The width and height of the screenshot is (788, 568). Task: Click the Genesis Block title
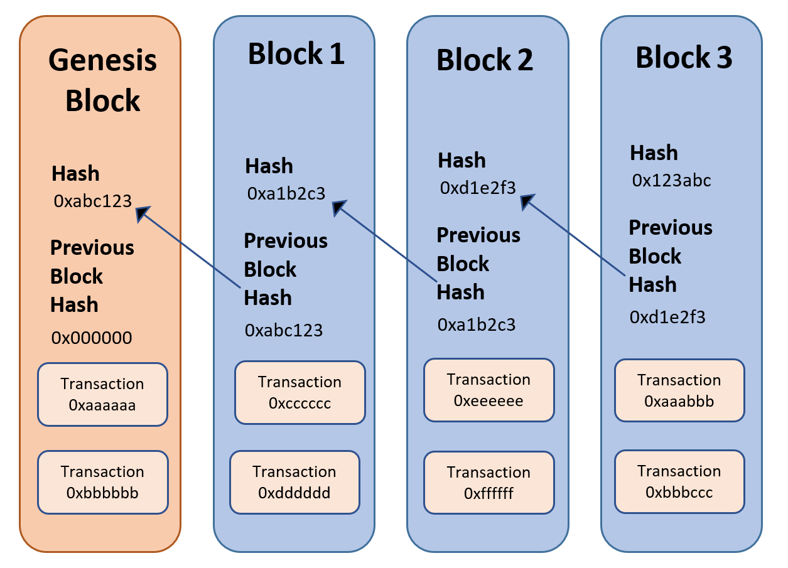pos(103,80)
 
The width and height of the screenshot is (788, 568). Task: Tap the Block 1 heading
pos(296,54)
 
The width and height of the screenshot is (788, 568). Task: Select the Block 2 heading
pos(485,60)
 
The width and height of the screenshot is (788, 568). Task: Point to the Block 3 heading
pos(684,57)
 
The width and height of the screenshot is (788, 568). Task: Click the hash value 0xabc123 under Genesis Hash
pos(92,201)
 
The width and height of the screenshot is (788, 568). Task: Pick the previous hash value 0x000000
pos(92,338)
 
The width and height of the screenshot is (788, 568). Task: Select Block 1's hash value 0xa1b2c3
pos(286,193)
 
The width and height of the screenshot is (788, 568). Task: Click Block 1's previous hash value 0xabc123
pos(284,330)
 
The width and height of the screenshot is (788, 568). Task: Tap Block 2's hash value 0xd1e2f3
pos(478,188)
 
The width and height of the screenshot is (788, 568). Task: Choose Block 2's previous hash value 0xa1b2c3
pos(477,324)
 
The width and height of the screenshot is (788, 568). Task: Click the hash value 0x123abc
pos(671,180)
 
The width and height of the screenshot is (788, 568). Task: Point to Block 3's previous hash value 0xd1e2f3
pos(667,317)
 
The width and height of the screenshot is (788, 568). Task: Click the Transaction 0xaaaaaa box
pos(102,394)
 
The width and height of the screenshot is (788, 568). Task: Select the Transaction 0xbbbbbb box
pos(103,482)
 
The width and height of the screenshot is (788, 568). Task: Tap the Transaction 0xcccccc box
pos(300,392)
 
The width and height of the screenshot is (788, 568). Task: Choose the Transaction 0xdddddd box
pos(294,482)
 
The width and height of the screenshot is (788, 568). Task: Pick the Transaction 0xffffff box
pos(489,483)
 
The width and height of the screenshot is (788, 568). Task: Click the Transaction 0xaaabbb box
pos(679,390)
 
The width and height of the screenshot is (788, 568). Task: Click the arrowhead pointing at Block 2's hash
pos(526,201)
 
